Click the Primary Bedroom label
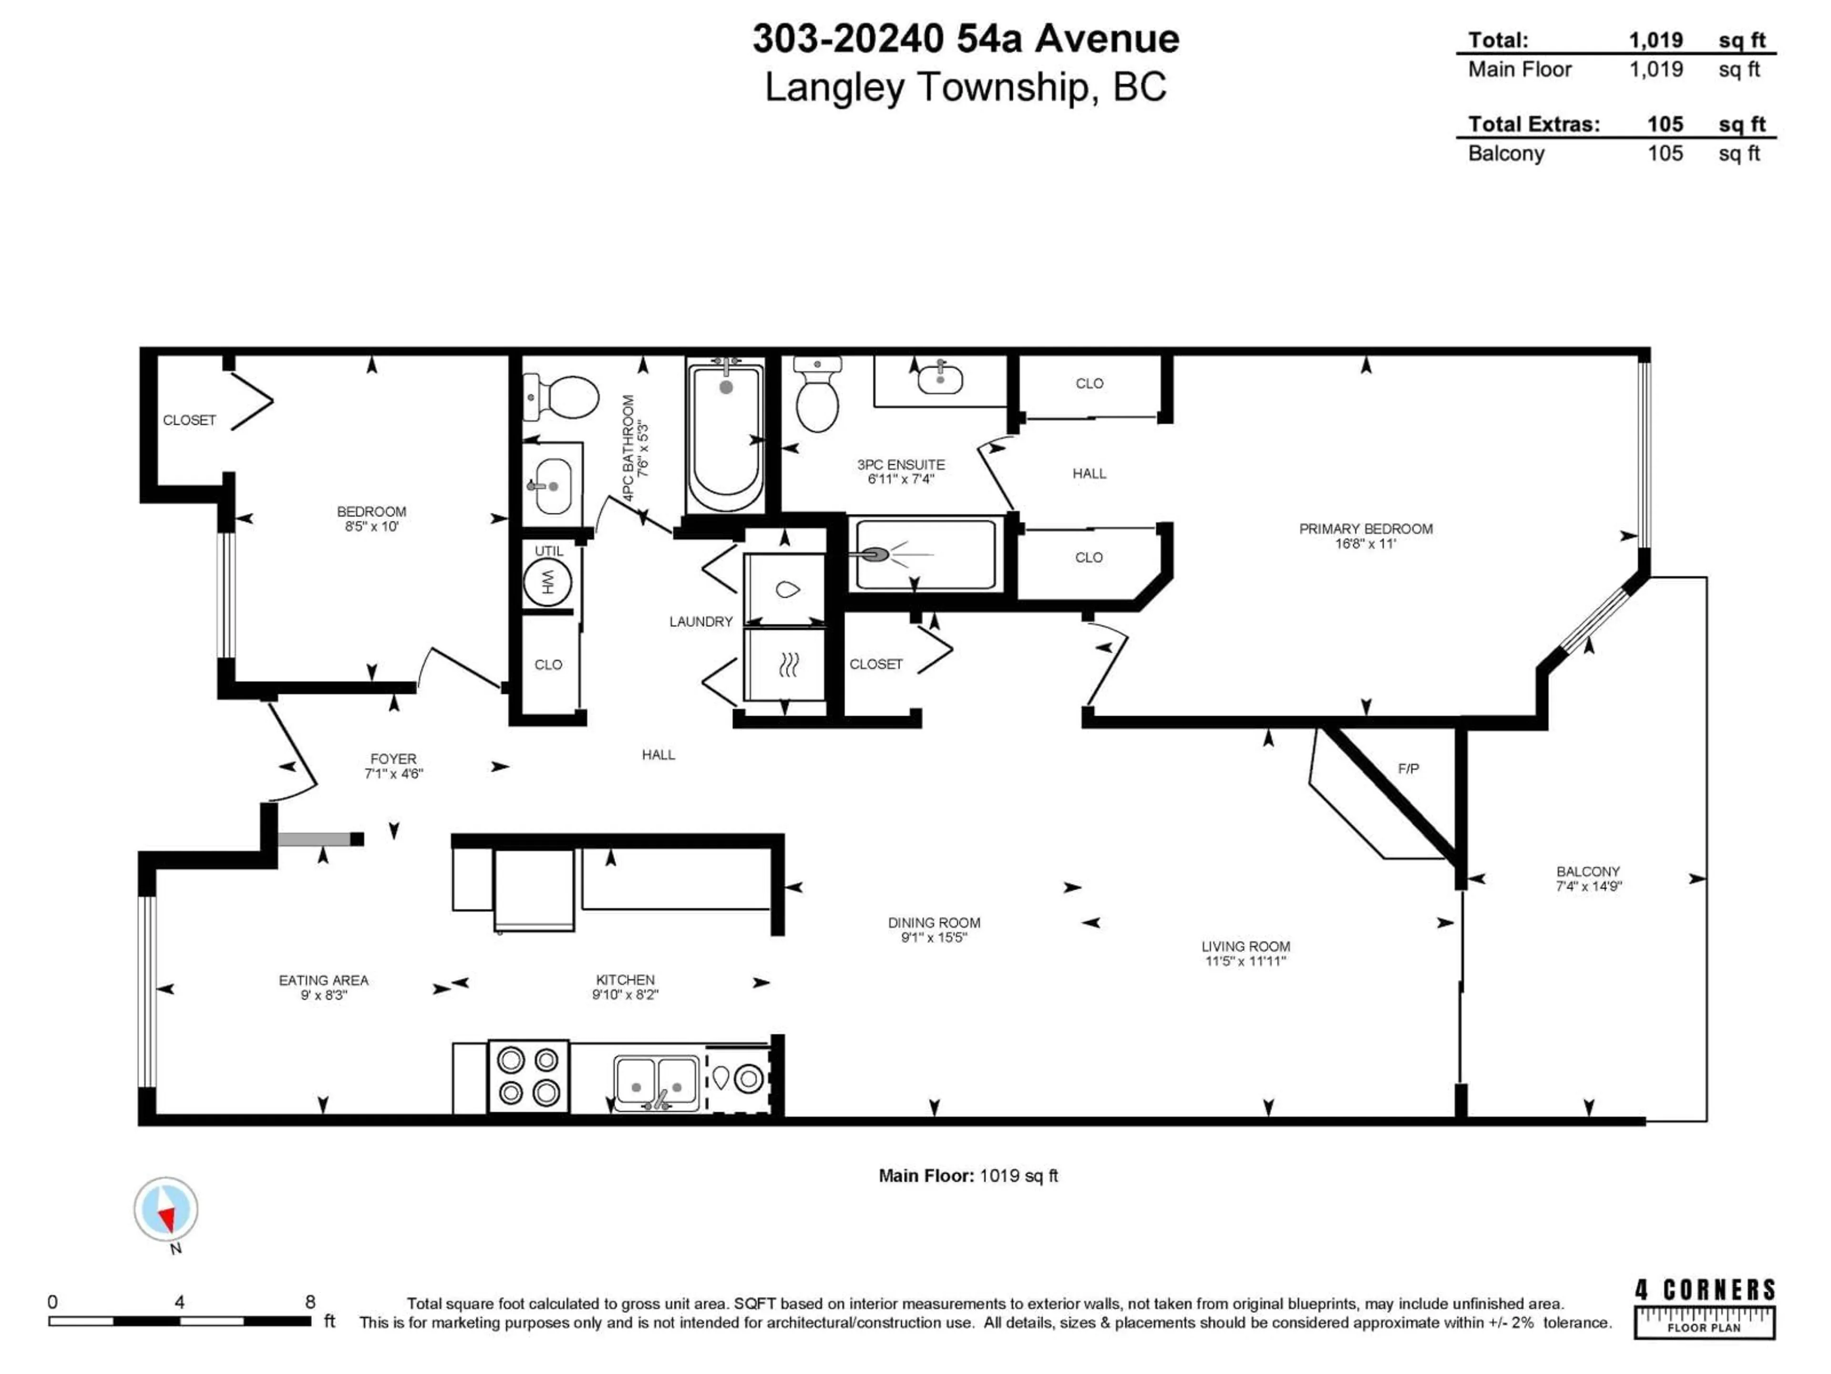coord(1365,529)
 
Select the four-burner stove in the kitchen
coord(528,1076)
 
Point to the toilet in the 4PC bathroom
coord(563,397)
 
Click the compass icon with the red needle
coord(166,1210)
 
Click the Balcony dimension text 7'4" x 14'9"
coord(1588,886)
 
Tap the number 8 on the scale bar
coord(310,1302)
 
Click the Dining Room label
coord(934,923)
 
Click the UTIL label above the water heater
coord(548,551)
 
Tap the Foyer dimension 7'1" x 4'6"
coord(393,773)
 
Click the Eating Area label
coord(324,980)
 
